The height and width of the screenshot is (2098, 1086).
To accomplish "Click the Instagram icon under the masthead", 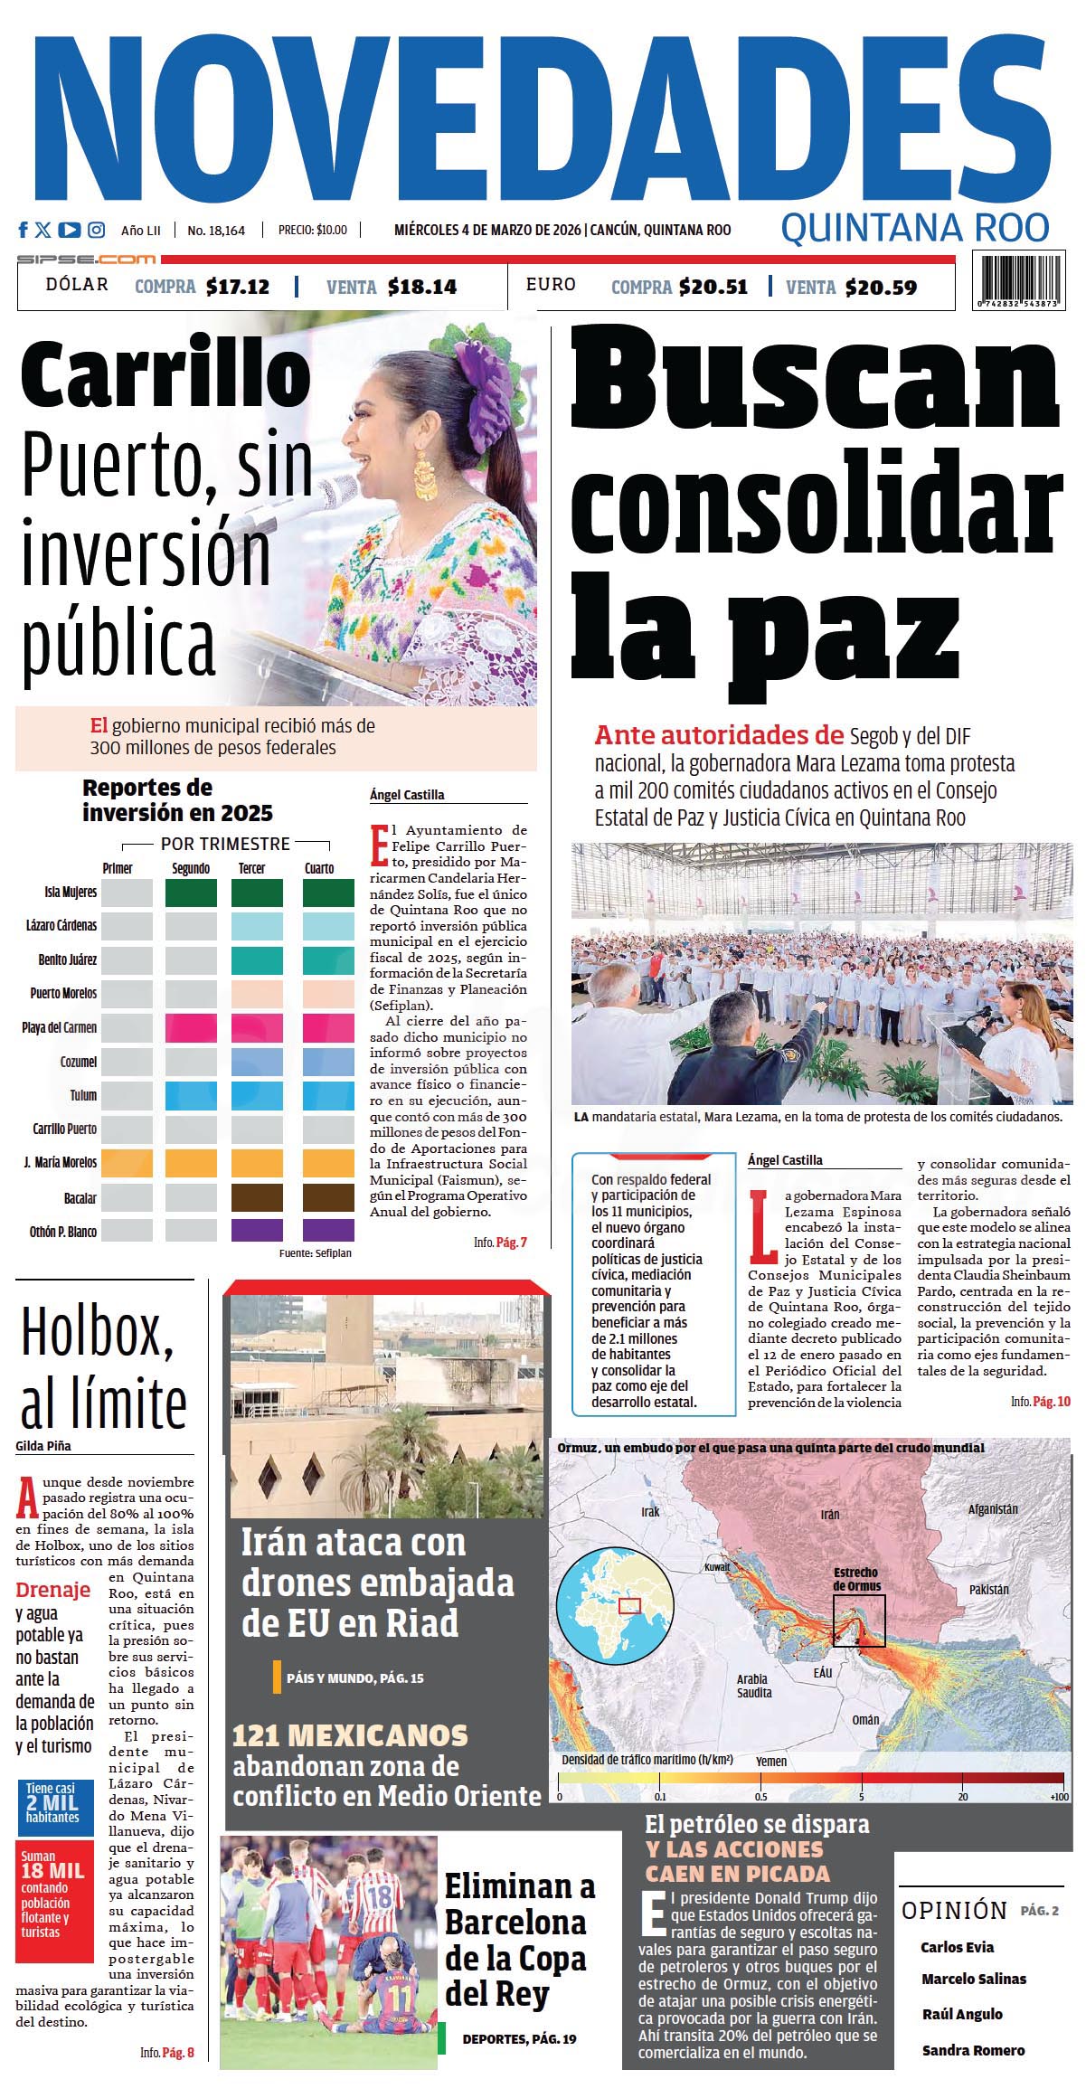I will click(97, 230).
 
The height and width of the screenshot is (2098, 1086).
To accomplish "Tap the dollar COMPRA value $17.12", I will click(238, 287).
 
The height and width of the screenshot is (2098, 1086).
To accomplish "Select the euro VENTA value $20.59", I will click(882, 288).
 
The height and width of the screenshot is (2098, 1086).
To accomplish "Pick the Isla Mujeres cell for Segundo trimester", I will click(191, 893).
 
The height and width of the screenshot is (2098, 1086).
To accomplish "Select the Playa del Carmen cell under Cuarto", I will click(328, 1027).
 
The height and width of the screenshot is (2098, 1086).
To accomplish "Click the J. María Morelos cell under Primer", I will click(127, 1162).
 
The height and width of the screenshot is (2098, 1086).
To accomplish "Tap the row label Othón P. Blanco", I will click(63, 1232).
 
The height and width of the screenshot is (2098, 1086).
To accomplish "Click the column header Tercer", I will click(251, 868).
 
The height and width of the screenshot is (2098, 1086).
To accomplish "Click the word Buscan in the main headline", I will click(814, 380).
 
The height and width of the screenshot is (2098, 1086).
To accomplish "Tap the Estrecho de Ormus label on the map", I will click(855, 1579).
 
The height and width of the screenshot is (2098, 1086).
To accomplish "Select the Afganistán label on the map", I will click(993, 1509).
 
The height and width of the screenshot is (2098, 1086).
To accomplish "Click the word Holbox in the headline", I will click(97, 1331).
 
